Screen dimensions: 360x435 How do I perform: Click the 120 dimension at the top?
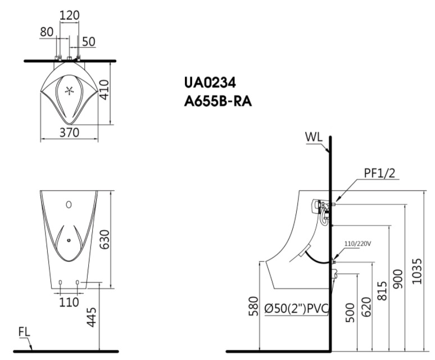69,15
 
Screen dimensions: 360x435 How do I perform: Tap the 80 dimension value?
47,32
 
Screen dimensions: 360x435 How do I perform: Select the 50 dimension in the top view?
89,41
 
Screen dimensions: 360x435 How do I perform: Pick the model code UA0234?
210,83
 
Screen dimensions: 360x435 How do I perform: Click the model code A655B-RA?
220,102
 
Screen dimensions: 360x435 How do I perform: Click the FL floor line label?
24,332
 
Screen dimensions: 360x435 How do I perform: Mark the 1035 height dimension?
416,271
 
